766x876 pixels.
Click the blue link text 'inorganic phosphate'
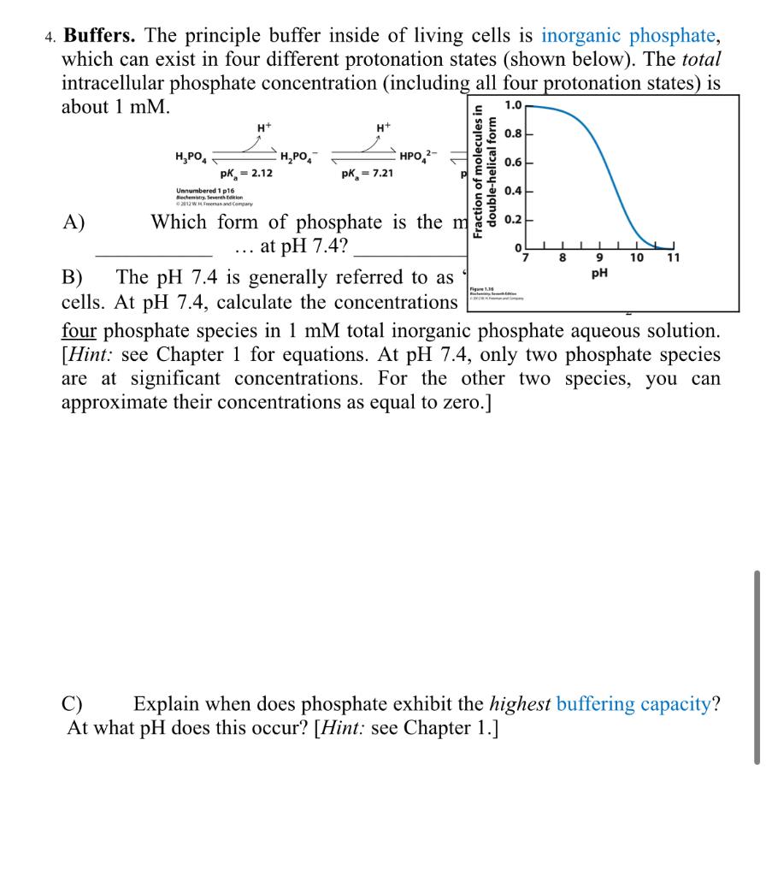pyautogui.click(x=629, y=36)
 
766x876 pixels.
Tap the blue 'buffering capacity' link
pyautogui.click(x=633, y=704)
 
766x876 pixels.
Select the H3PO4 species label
pyautogui.click(x=190, y=156)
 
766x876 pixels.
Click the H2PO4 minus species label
pyautogui.click(x=298, y=156)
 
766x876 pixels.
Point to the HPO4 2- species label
pyautogui.click(x=417, y=156)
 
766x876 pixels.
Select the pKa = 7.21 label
pyautogui.click(x=367, y=174)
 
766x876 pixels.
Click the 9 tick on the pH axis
pyautogui.click(x=599, y=257)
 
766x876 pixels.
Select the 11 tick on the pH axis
pyautogui.click(x=673, y=257)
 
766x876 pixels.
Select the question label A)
pyautogui.click(x=74, y=222)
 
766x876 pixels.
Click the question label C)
pyautogui.click(x=74, y=704)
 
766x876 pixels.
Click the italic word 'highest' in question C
pyautogui.click(x=521, y=704)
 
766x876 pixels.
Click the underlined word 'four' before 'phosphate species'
pyautogui.click(x=79, y=330)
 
